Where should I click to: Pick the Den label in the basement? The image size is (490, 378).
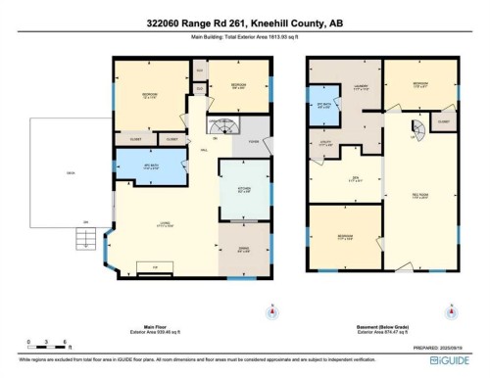(357, 178)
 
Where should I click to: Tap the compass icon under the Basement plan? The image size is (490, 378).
(451, 313)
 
